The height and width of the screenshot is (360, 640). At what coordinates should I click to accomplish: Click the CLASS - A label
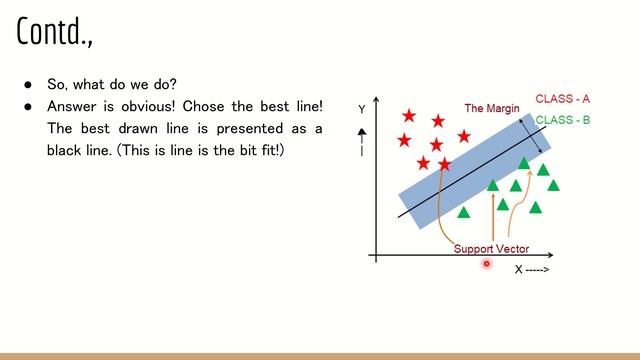click(x=562, y=99)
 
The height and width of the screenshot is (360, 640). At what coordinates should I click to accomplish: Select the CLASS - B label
click(x=562, y=120)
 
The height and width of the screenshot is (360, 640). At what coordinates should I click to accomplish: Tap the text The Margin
click(x=492, y=108)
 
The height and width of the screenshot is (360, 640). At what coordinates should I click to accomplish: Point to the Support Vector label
click(x=491, y=249)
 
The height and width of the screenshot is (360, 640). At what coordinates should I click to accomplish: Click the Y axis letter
click(x=361, y=108)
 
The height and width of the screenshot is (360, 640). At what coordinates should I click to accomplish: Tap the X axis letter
click(x=519, y=269)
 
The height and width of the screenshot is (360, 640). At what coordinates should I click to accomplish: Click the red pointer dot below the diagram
click(x=487, y=264)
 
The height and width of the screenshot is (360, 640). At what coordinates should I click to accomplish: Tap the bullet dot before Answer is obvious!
click(x=29, y=107)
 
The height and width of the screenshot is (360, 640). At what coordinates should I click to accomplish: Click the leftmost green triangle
click(x=463, y=212)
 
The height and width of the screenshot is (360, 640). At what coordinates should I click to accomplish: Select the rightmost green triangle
click(x=553, y=185)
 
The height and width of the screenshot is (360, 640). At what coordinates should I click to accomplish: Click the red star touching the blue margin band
click(x=444, y=163)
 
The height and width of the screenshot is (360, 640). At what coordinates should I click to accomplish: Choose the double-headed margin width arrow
click(x=531, y=139)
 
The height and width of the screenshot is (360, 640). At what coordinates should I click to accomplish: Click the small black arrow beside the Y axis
click(x=361, y=132)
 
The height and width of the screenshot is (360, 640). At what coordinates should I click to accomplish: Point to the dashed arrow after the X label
click(x=538, y=269)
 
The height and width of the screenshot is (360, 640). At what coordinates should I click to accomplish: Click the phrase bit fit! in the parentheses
click(x=263, y=149)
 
